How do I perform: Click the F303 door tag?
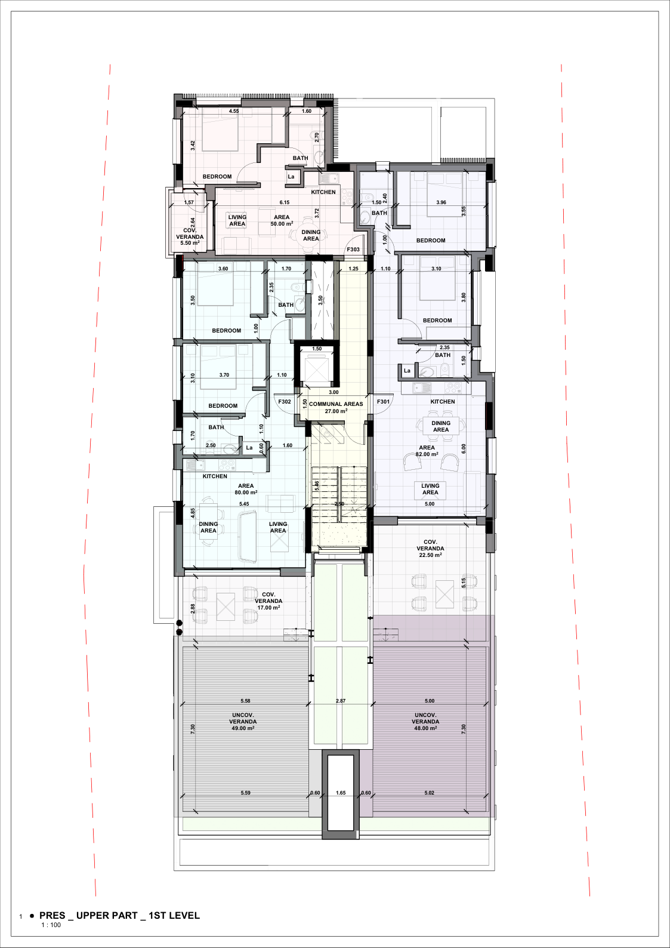[x=353, y=250]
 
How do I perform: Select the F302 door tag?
[x=284, y=402]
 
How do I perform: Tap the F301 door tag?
[x=383, y=402]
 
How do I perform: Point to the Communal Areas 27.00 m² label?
[x=336, y=408]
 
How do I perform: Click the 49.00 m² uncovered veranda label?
[x=243, y=722]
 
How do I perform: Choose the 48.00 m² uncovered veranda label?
[x=425, y=722]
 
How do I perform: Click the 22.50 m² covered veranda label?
[x=430, y=549]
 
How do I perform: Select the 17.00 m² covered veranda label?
[x=268, y=601]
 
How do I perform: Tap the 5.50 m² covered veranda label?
[x=190, y=236]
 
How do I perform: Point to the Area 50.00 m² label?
[x=282, y=220]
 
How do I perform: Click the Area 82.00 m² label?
[x=427, y=451]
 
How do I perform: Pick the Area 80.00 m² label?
[x=246, y=490]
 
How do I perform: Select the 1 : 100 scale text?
[x=51, y=925]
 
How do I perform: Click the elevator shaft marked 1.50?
[x=317, y=365]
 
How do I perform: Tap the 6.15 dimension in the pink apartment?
[x=285, y=203]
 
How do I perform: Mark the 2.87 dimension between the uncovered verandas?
[x=341, y=701]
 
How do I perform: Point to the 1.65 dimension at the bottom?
[x=341, y=793]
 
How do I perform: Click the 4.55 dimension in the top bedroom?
[x=234, y=111]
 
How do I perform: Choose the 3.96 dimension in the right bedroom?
[x=441, y=203]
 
